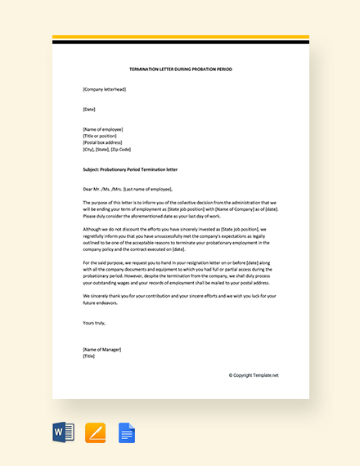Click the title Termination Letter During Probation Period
[180, 69]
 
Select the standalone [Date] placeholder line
[89, 109]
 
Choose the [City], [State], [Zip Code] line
[106, 150]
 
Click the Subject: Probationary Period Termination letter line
[130, 169]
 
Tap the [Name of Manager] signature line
[101, 349]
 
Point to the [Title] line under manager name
[89, 356]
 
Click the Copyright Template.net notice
[254, 375]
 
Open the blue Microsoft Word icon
[63, 432]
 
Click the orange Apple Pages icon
[95, 432]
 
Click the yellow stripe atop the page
[180, 37]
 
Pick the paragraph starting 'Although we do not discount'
[180, 240]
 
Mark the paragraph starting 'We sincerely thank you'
[180, 299]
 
